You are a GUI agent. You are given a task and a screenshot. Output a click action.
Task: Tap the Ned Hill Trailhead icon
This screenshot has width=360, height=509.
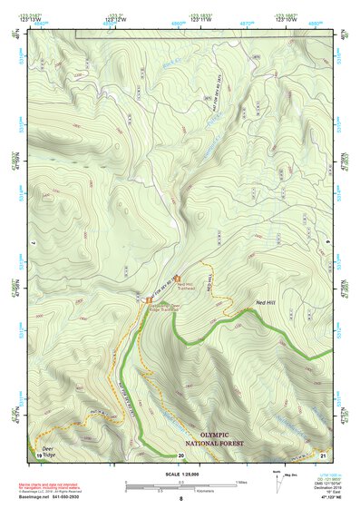pyautogui.click(x=177, y=278)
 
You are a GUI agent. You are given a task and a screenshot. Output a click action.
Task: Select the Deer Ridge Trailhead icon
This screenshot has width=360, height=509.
pyautogui.click(x=150, y=299)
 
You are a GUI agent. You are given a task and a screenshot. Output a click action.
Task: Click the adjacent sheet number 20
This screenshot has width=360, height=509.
pyautogui.click(x=180, y=455)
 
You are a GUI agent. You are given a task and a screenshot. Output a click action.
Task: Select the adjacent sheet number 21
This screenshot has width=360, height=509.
pyautogui.click(x=322, y=455)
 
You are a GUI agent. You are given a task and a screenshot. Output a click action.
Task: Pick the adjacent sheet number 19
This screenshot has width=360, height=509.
pyautogui.click(x=39, y=455)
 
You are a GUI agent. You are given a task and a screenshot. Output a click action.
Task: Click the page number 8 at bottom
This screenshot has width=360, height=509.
pyautogui.click(x=180, y=500)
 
